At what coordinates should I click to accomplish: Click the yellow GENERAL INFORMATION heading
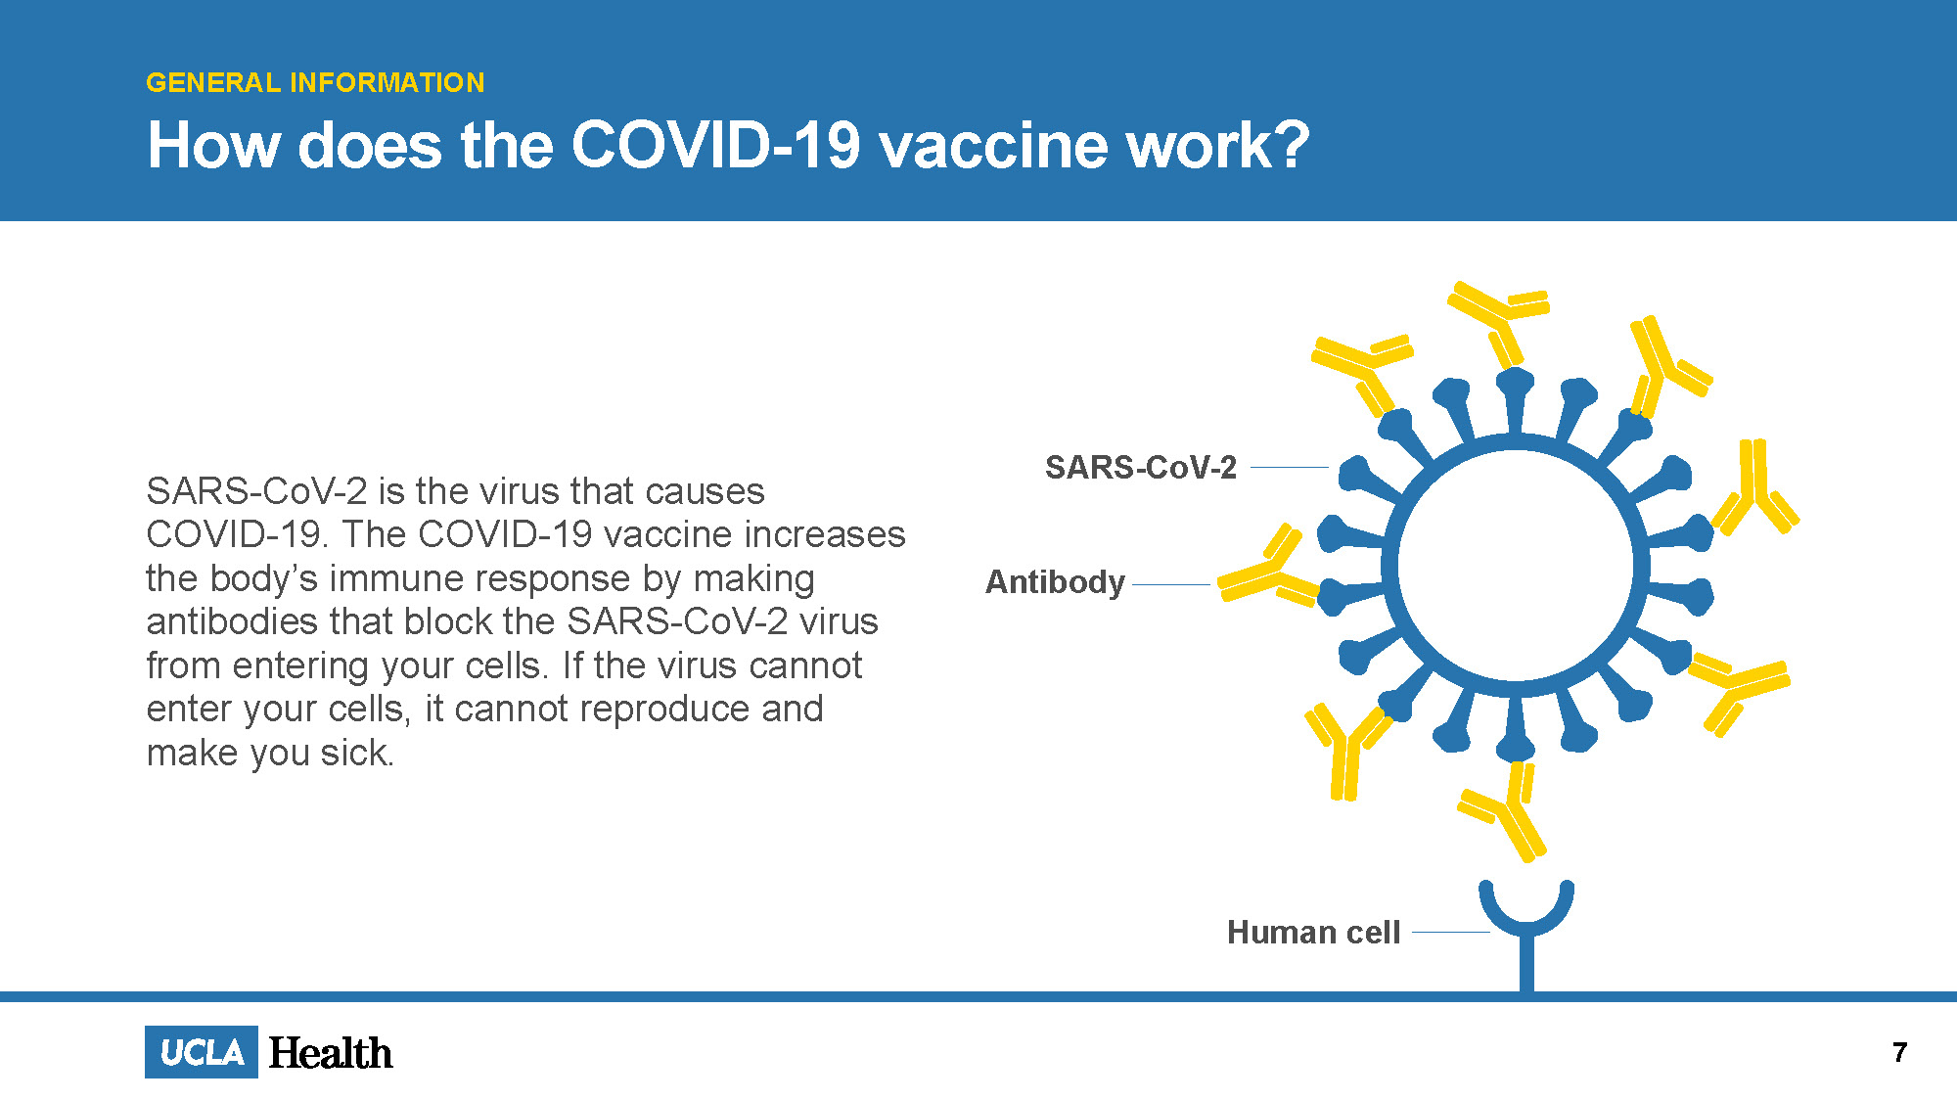315,82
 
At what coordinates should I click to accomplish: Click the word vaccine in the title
992,146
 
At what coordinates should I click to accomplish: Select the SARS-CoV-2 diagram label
1141,467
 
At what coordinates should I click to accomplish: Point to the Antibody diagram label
1055,581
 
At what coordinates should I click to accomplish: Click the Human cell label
1314,932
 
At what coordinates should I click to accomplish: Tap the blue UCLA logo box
202,1052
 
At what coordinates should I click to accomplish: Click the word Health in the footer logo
331,1053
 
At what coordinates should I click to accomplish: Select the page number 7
1900,1052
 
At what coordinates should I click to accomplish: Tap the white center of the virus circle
1516,566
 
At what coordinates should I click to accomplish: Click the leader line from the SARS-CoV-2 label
1290,468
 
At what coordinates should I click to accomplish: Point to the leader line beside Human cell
1451,932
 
